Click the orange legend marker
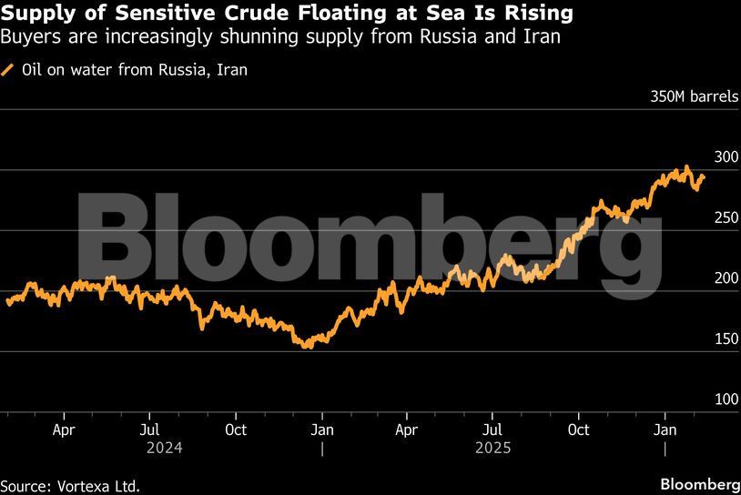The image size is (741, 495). pos(8,69)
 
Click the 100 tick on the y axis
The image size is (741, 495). pos(725,399)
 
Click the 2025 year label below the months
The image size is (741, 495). pos(492,448)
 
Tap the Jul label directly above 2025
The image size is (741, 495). pos(492,429)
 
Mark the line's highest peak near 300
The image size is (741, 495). pos(686,167)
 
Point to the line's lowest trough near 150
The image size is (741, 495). pos(306,347)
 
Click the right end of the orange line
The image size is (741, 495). pos(704,177)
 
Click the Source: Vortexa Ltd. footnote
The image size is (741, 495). pos(70,486)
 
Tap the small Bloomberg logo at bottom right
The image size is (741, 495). pos(698,482)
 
